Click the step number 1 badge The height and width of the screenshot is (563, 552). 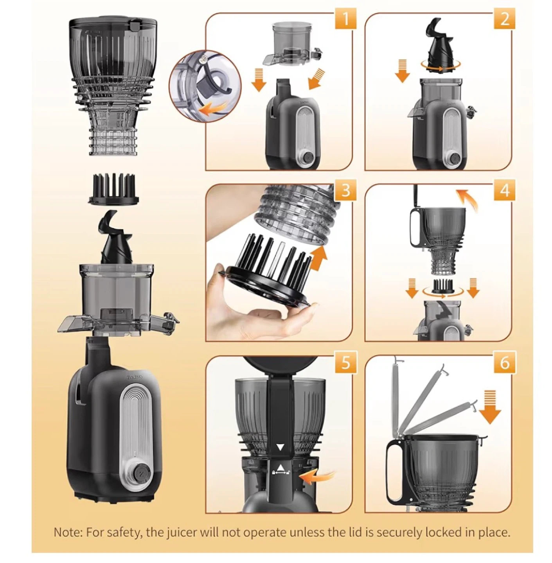point(345,19)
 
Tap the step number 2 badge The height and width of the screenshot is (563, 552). point(504,19)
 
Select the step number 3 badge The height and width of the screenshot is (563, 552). point(345,190)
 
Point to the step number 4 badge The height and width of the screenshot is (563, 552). point(504,190)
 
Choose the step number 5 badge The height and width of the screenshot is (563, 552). point(345,362)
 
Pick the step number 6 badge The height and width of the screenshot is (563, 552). point(504,362)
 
